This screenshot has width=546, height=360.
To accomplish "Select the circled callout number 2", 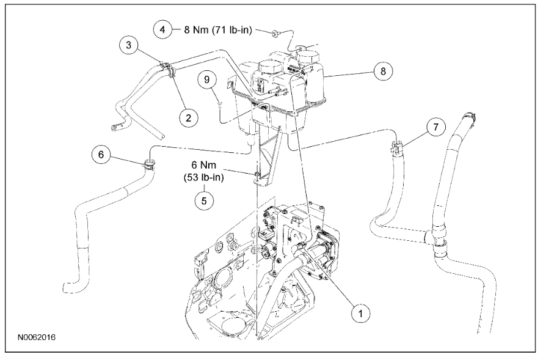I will [x=188, y=117].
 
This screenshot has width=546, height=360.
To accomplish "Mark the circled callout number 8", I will [x=383, y=71].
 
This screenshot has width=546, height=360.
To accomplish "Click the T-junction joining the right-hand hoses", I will [x=438, y=238].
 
